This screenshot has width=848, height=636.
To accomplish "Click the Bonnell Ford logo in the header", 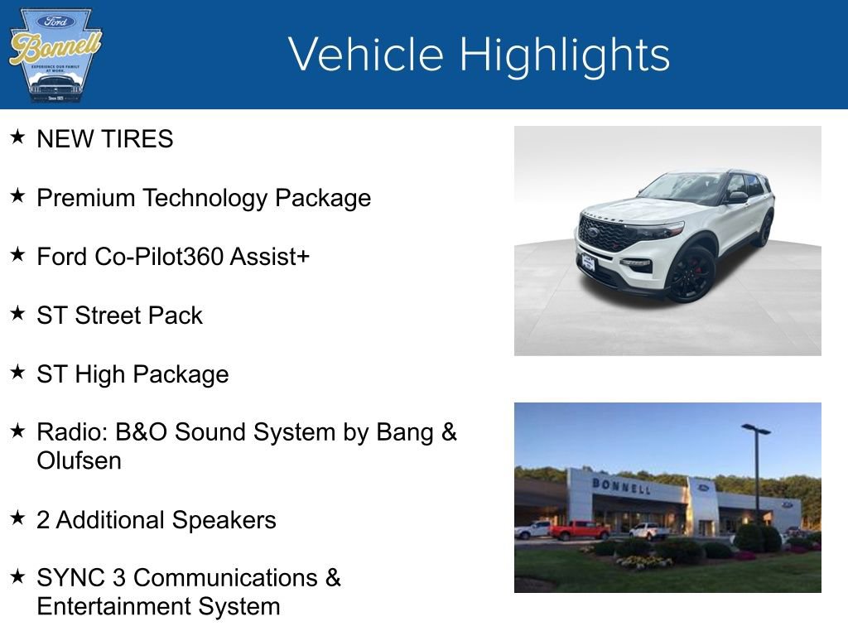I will (55, 55).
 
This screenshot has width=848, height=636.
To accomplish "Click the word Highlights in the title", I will (565, 55).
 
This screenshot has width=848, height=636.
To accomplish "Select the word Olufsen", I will (79, 461).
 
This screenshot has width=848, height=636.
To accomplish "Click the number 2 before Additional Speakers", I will (43, 520).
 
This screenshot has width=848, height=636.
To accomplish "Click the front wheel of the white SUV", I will (691, 274).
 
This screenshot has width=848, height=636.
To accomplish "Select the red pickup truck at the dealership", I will (578, 530).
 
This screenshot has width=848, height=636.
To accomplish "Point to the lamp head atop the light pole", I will (755, 428).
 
